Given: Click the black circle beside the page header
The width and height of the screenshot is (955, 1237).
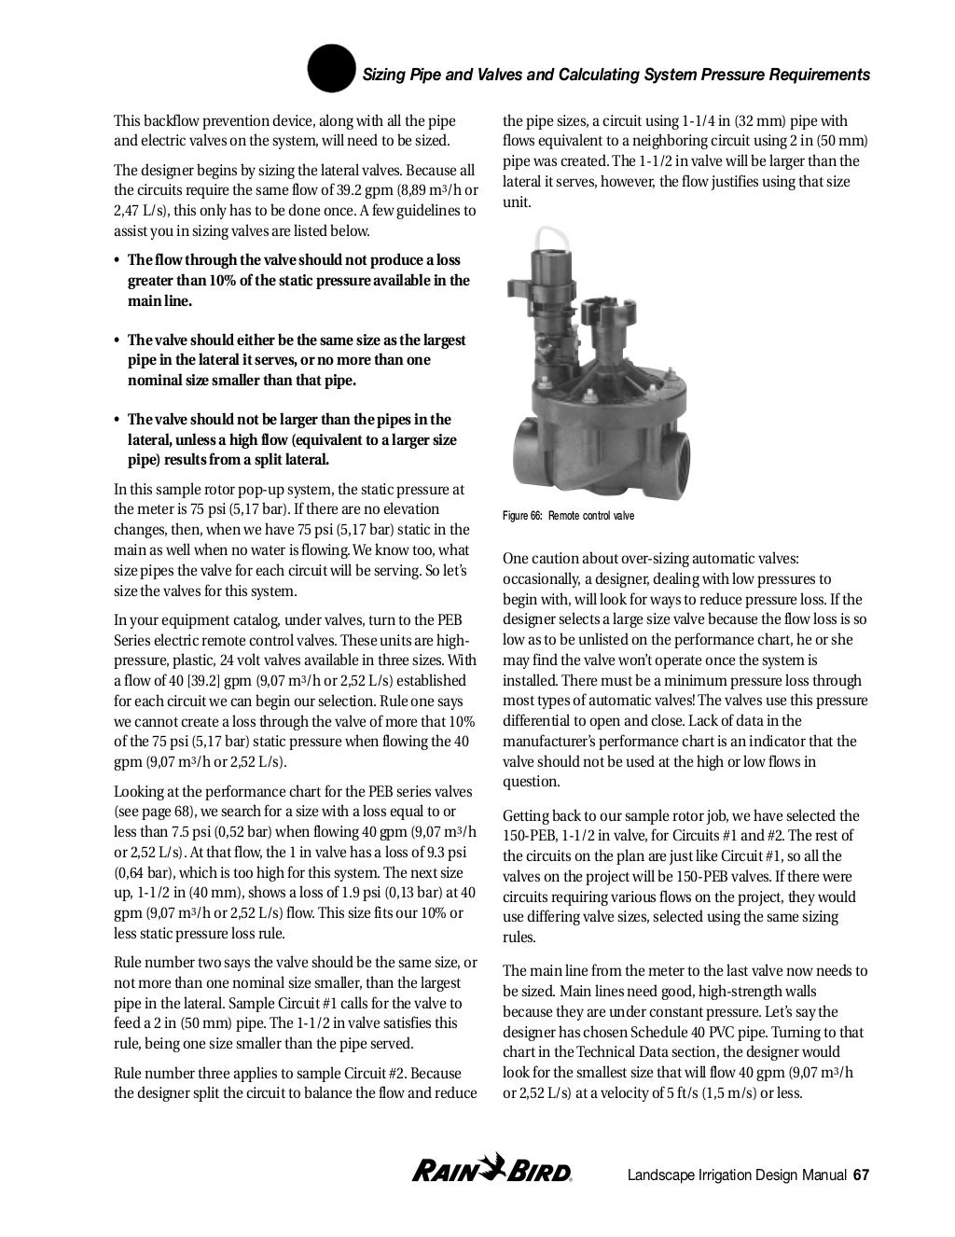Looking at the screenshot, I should point(331,70).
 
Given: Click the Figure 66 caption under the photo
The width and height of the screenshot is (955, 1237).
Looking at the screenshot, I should point(568,516).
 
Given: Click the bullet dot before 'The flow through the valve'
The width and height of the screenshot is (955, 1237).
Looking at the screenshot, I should point(118,260).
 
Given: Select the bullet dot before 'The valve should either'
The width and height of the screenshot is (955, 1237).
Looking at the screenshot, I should point(118,341).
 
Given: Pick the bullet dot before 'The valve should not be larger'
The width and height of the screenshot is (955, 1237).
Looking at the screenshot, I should point(118,420).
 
